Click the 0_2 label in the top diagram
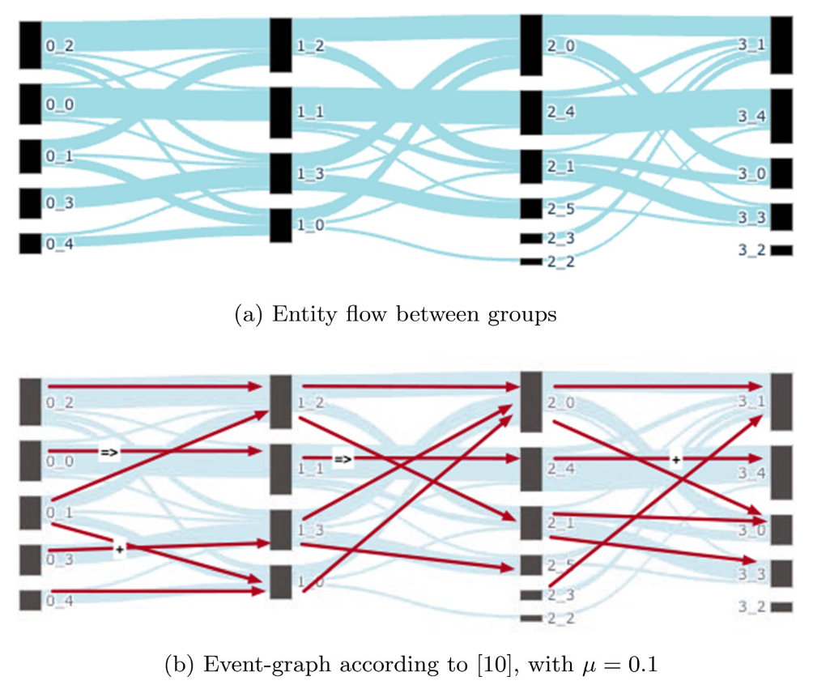pos(60,46)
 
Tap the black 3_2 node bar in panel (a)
pos(781,250)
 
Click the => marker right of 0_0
pos(109,452)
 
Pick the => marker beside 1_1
pos(343,460)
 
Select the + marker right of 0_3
pos(119,549)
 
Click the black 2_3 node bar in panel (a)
pos(530,238)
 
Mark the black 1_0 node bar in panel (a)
pos(280,225)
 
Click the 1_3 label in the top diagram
pos(310,174)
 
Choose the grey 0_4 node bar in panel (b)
pos(30,600)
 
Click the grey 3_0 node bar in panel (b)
pos(781,529)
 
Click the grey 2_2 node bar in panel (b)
pos(530,618)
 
